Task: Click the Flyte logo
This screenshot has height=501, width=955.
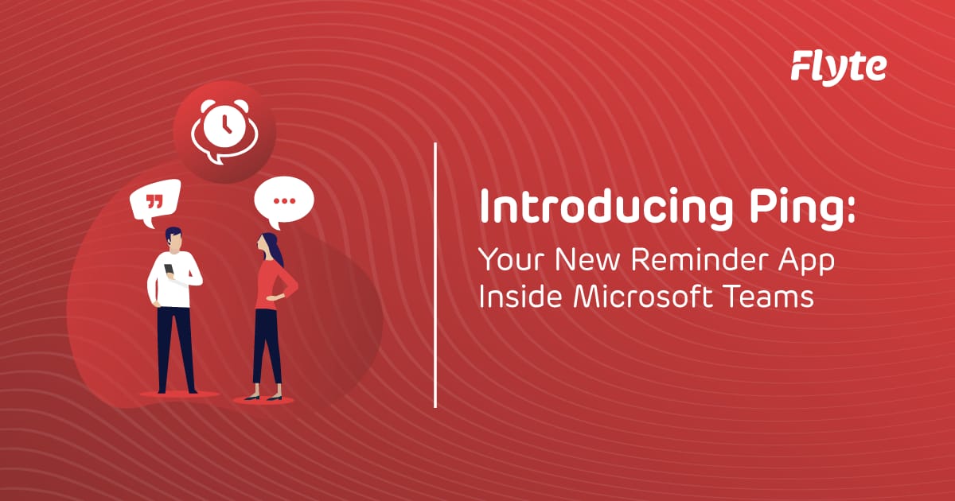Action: [x=838, y=66]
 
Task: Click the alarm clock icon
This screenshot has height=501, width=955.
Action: [x=223, y=129]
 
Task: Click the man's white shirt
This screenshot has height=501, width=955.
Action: [x=172, y=282]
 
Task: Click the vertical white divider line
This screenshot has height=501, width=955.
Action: [x=436, y=274]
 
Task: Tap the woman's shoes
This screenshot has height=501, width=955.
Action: [x=263, y=396]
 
